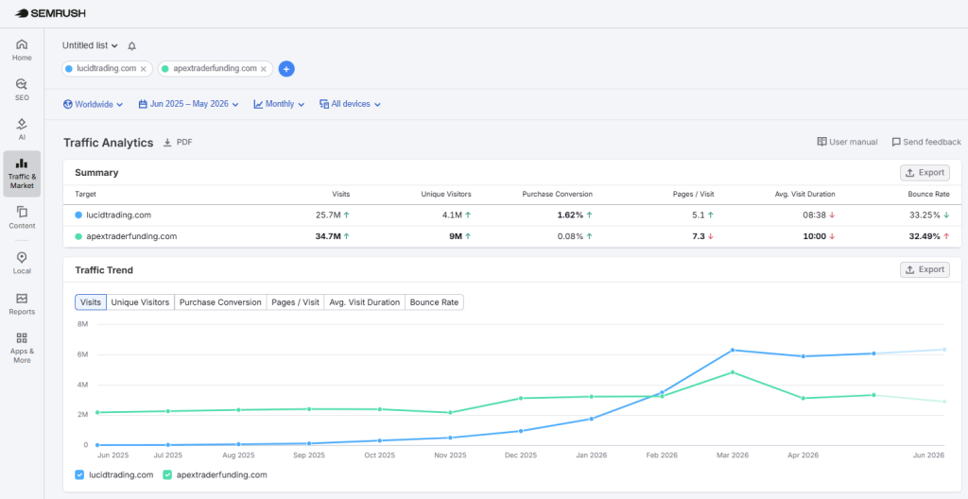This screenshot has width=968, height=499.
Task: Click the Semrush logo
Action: (51, 13)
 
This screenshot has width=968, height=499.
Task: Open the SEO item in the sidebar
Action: (22, 89)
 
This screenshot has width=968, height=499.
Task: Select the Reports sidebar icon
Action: (22, 304)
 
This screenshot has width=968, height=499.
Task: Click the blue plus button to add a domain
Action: (286, 69)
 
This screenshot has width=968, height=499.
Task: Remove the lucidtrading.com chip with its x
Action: (144, 69)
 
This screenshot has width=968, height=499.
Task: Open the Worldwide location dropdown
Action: (94, 104)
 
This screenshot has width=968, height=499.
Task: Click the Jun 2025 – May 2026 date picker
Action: (188, 104)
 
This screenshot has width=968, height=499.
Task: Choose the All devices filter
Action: (350, 104)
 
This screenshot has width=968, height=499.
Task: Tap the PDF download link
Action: (178, 142)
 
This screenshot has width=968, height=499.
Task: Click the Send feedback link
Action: (926, 142)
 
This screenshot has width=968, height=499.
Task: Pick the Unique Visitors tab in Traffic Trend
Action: (140, 302)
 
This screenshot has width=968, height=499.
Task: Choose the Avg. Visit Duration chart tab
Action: (364, 302)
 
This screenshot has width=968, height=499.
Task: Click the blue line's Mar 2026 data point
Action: (733, 351)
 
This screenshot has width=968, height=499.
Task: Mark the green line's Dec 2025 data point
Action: (521, 398)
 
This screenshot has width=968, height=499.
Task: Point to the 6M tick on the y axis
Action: (83, 354)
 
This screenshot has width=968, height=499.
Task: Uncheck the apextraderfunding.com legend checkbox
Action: (167, 475)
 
